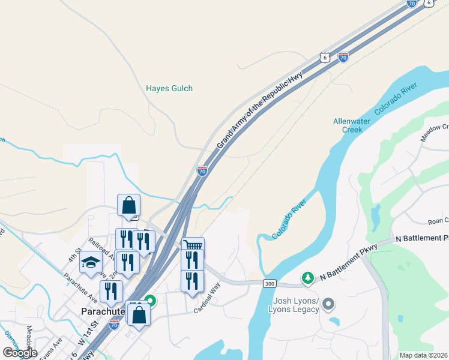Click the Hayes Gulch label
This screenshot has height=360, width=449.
[169, 89]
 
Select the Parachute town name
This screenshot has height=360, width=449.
[103, 311]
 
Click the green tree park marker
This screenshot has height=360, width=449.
[308, 277]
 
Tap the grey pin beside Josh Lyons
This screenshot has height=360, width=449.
[328, 304]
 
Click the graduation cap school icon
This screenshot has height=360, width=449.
[91, 262]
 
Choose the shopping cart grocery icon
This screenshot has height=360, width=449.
[193, 245]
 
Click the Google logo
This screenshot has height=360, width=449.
[20, 353]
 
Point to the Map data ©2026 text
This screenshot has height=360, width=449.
[423, 355]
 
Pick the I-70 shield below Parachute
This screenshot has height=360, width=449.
[114, 325]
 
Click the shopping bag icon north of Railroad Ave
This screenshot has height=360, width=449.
[129, 206]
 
